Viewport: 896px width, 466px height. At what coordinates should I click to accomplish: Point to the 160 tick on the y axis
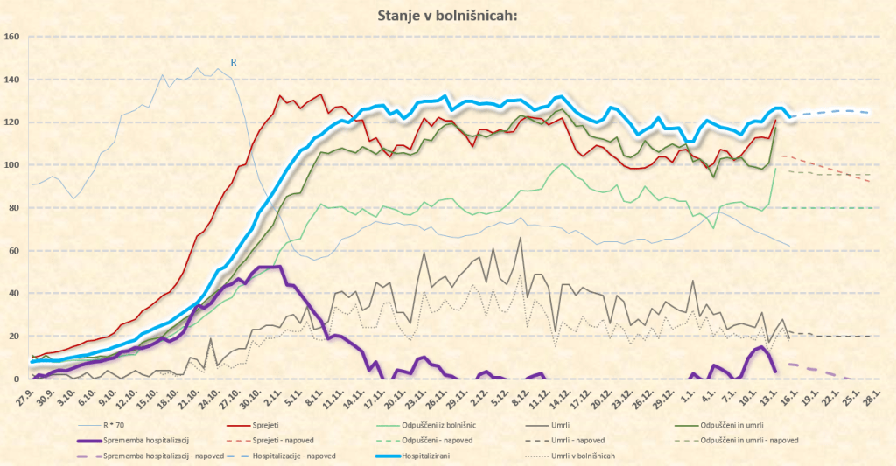click(12, 37)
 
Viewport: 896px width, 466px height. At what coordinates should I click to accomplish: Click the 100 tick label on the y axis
click(12, 165)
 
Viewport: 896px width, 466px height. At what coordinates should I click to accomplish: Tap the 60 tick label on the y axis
click(12, 251)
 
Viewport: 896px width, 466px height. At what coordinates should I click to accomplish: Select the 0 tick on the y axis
click(17, 379)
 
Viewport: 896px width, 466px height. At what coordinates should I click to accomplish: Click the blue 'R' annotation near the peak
click(234, 62)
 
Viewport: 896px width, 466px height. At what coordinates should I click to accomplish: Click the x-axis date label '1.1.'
click(688, 397)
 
